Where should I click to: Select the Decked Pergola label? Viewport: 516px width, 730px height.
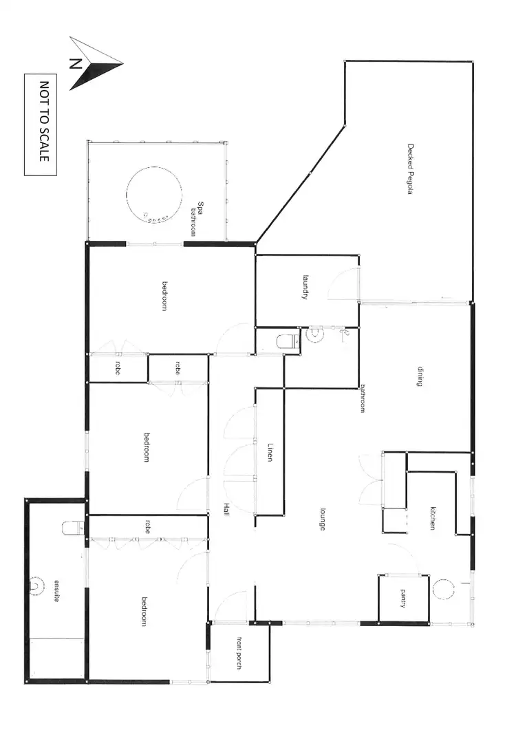point(410,169)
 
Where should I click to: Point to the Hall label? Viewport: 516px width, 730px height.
point(226,510)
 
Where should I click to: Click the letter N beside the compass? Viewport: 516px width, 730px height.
point(75,64)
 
